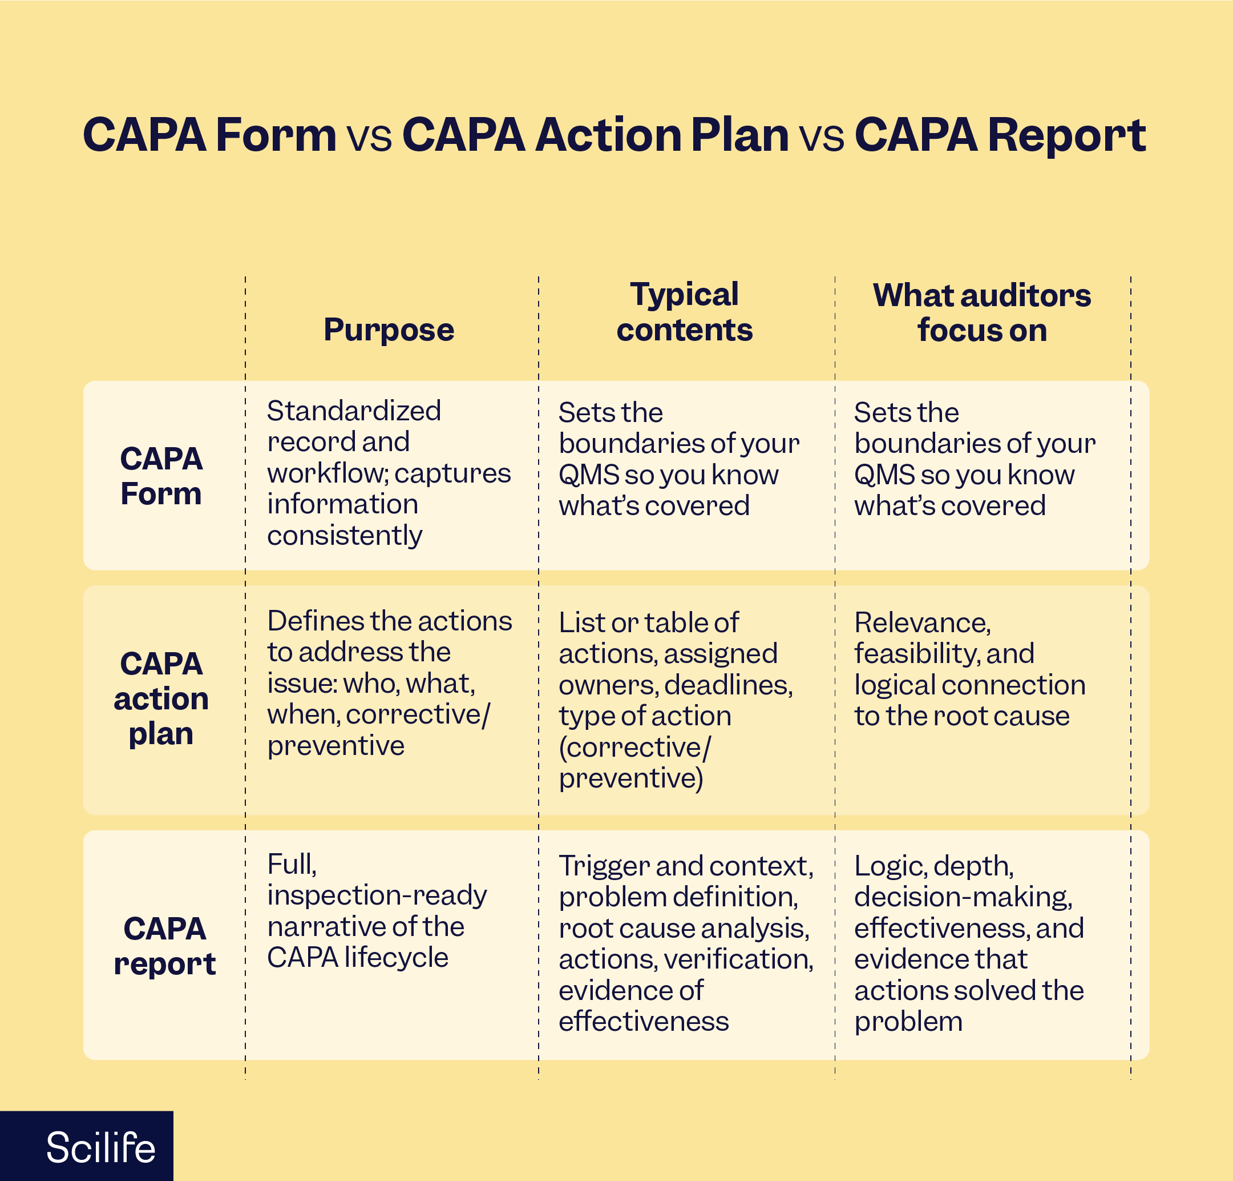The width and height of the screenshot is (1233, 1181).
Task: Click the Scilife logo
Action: [x=100, y=1147]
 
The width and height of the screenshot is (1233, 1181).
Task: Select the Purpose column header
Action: [x=389, y=330]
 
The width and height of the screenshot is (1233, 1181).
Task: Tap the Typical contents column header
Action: [x=685, y=312]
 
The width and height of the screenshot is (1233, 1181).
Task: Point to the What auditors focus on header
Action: [x=981, y=312]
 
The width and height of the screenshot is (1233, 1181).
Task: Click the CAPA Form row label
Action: [x=161, y=476]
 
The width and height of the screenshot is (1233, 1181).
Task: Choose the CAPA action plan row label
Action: [x=161, y=698]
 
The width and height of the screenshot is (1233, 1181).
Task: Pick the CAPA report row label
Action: [x=165, y=946]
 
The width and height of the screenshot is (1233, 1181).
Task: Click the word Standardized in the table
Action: [x=354, y=411]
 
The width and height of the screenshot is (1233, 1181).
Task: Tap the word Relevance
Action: [x=921, y=622]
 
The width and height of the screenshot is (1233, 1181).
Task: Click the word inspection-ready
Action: [x=377, y=895]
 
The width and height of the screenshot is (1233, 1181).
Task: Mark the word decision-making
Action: [x=963, y=897]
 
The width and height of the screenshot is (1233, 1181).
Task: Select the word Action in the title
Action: [x=608, y=135]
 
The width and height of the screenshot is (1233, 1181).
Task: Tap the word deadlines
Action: [x=728, y=685]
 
